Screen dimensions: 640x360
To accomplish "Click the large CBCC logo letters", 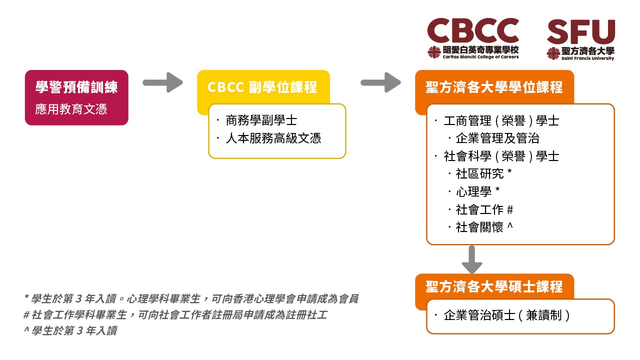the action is pos(473,30).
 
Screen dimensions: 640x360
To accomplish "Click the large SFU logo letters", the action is pos(581,31).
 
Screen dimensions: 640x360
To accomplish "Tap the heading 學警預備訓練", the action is pos(76,87).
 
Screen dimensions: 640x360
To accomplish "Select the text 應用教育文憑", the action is pos(71,109).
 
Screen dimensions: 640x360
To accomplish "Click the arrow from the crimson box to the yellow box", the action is pos(163,82).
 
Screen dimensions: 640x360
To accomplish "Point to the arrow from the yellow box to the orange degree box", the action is pos(381,82).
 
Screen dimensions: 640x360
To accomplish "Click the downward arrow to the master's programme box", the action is pos(472,259).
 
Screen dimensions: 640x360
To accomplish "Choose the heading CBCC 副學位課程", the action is pos(262,87).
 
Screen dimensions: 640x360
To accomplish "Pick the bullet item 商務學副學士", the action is pos(261,120).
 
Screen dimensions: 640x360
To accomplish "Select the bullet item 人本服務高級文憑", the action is pos(273,138).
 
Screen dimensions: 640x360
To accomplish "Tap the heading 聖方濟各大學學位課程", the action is pos(494,87).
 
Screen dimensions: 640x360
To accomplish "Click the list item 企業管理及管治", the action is pos(497,138).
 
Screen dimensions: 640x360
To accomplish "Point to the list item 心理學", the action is pos(473,191).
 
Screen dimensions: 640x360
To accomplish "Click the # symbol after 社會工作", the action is pos(510,209).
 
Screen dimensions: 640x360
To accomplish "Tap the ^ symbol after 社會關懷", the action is pos(510,226).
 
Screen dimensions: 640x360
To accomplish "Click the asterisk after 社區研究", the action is pos(509,171).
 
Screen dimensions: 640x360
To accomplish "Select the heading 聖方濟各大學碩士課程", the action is pos(494,286).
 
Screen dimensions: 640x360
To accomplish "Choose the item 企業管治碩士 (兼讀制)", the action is pos(506,315).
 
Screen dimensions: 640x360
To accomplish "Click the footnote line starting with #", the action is pos(175,315).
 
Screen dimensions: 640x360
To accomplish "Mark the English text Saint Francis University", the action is pos(587,58).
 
